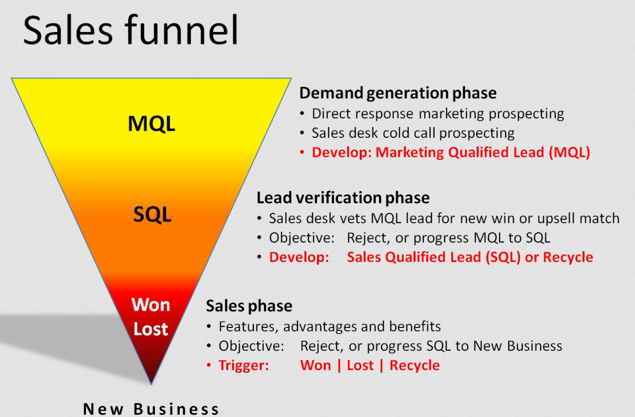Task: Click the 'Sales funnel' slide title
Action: click(x=131, y=30)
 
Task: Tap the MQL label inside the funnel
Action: click(x=152, y=124)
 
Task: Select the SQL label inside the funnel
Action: click(x=152, y=214)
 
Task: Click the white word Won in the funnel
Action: click(x=151, y=305)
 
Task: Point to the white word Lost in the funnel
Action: click(x=151, y=329)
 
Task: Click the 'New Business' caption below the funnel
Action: click(x=151, y=409)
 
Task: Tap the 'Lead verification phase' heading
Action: click(x=343, y=198)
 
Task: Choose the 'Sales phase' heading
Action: click(x=249, y=307)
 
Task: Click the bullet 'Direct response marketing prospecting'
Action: click(x=438, y=114)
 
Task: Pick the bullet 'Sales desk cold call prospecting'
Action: click(x=413, y=133)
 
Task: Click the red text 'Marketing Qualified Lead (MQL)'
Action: click(x=483, y=153)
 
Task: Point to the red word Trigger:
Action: click(x=244, y=366)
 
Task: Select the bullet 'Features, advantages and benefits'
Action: click(x=330, y=327)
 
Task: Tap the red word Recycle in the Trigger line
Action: click(x=415, y=366)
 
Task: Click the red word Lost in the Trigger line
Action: click(x=360, y=366)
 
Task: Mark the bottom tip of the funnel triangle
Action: click(x=151, y=384)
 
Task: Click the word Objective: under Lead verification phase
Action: click(x=302, y=238)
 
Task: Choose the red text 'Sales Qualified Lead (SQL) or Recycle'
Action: click(x=470, y=257)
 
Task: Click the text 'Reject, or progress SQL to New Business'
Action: click(x=431, y=346)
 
